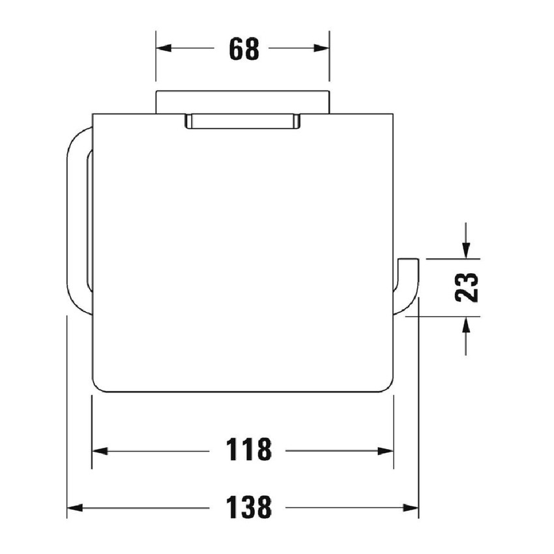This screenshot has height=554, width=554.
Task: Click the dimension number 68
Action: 244,49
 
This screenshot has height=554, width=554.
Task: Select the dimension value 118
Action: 248,450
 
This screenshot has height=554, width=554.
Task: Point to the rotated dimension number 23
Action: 467,287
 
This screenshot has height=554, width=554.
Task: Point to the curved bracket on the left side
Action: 76,222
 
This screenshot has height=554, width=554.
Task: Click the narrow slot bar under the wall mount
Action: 243,121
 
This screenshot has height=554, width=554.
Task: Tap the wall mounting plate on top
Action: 242,102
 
